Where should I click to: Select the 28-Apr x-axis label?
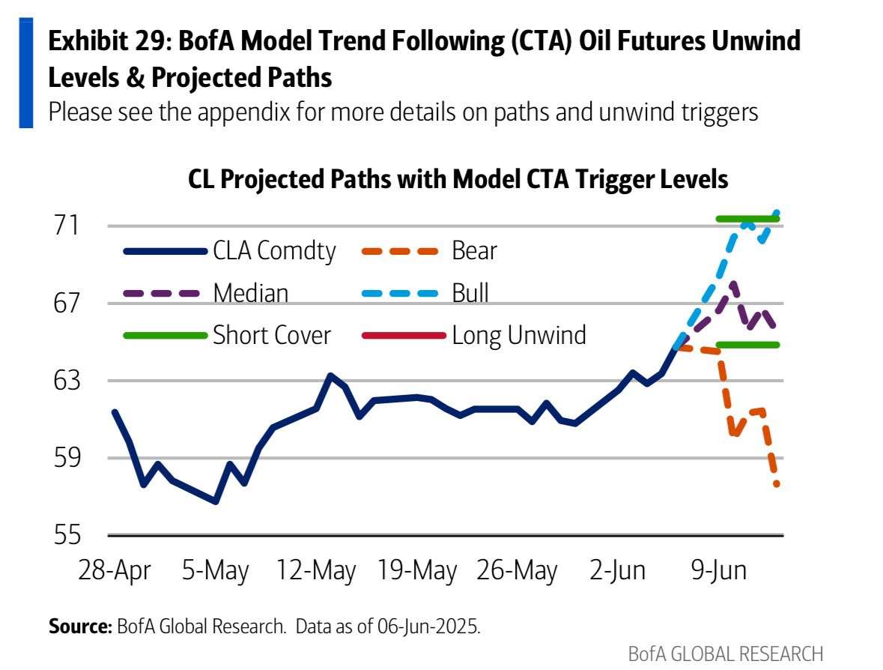point(115,570)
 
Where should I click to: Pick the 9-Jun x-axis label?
point(718,570)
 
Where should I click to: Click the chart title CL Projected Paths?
point(458,181)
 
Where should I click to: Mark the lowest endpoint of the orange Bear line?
point(777,484)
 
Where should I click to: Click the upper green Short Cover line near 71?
point(747,219)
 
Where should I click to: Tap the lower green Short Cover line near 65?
point(747,345)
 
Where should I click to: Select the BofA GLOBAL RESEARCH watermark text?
point(725,654)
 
